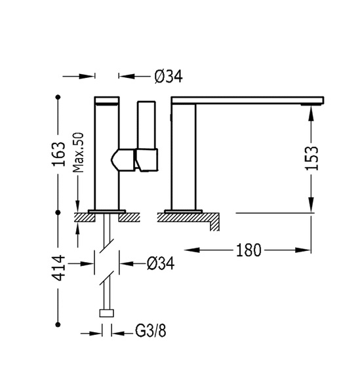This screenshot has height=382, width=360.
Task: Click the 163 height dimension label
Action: coord(59,154)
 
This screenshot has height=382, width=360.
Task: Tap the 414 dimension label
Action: coord(59,268)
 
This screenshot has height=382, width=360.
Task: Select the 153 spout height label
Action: coord(312,158)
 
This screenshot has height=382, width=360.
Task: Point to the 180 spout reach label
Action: coord(249,250)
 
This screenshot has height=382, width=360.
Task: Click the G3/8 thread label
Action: coord(151,331)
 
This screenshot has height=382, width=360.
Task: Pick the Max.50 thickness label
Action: coord(79,153)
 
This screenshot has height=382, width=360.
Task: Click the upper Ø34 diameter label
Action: coord(169,77)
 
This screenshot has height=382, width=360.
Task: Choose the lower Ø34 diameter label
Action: coord(161,263)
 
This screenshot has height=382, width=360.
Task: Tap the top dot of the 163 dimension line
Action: coord(58,97)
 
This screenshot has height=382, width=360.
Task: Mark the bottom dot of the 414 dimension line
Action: coord(58,324)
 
